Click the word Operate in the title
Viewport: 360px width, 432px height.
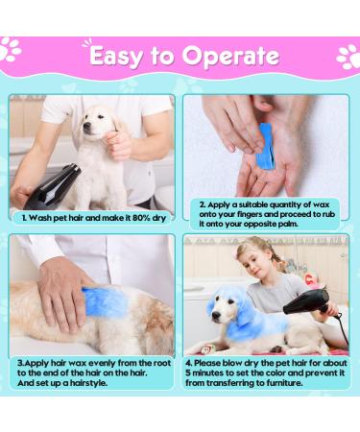pyautogui.click(x=231, y=57)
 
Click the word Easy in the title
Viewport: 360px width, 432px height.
pyautogui.click(x=115, y=57)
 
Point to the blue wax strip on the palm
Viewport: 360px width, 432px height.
pyautogui.click(x=266, y=147)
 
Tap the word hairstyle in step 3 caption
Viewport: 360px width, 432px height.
pyautogui.click(x=89, y=383)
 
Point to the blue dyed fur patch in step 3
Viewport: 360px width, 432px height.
pyautogui.click(x=104, y=301)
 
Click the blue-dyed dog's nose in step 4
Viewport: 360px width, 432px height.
pyautogui.click(x=217, y=315)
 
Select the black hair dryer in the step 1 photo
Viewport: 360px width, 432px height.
pyautogui.click(x=55, y=185)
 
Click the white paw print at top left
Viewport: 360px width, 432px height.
pyautogui.click(x=11, y=49)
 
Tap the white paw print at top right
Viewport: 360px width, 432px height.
pyautogui.click(x=348, y=57)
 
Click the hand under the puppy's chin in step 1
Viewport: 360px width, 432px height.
pyautogui.click(x=118, y=144)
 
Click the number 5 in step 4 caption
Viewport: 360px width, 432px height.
pyautogui.click(x=188, y=373)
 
